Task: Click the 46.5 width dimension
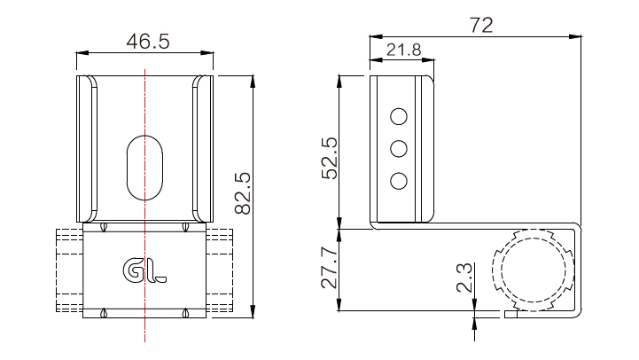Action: pyautogui.click(x=147, y=42)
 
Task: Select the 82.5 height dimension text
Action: pyautogui.click(x=243, y=193)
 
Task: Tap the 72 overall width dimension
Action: pyautogui.click(x=481, y=26)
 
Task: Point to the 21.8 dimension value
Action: pyautogui.click(x=403, y=50)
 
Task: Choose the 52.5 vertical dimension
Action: pyautogui.click(x=330, y=158)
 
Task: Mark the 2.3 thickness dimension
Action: pyautogui.click(x=464, y=278)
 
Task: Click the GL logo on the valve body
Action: pyautogui.click(x=144, y=270)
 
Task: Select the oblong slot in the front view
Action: pyautogui.click(x=144, y=168)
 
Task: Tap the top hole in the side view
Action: pyautogui.click(x=399, y=117)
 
